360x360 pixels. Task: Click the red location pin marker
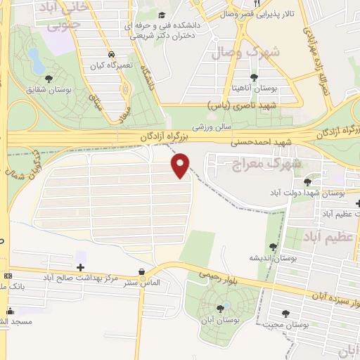[181, 165]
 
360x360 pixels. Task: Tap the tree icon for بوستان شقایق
[48, 78]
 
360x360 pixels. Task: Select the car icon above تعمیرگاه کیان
[111, 53]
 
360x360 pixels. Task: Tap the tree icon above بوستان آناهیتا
[254, 77]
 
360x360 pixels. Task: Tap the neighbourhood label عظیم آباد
[331, 237]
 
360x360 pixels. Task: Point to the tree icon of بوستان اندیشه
[273, 246]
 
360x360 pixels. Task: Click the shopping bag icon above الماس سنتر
[142, 271]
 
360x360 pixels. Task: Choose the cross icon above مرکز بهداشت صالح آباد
[81, 267]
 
